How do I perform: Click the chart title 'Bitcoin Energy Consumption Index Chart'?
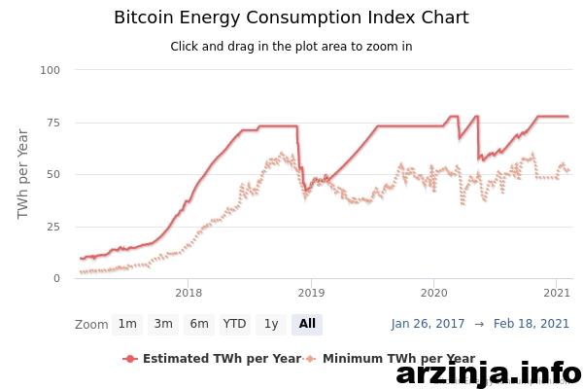coord(291,18)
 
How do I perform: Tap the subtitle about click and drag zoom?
coord(291,47)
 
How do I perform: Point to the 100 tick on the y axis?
coord(51,70)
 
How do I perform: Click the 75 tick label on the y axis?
coord(53,123)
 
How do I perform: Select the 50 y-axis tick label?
coord(53,174)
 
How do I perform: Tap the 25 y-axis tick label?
coord(53,227)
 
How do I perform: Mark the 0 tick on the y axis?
coord(56,278)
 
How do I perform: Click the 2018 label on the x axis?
coord(189,293)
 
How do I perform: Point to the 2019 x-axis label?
coord(311,293)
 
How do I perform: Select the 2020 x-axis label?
coord(434,293)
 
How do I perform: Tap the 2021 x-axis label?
coord(557,293)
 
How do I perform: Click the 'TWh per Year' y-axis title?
coord(22,174)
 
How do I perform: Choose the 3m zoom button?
coord(163,324)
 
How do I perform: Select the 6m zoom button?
coord(199,324)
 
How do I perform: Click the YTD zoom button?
coord(234,324)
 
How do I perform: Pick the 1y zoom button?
coord(271,324)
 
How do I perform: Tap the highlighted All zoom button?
coord(307,324)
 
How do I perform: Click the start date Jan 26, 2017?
coord(428,324)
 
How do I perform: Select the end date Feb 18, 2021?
coord(532,324)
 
